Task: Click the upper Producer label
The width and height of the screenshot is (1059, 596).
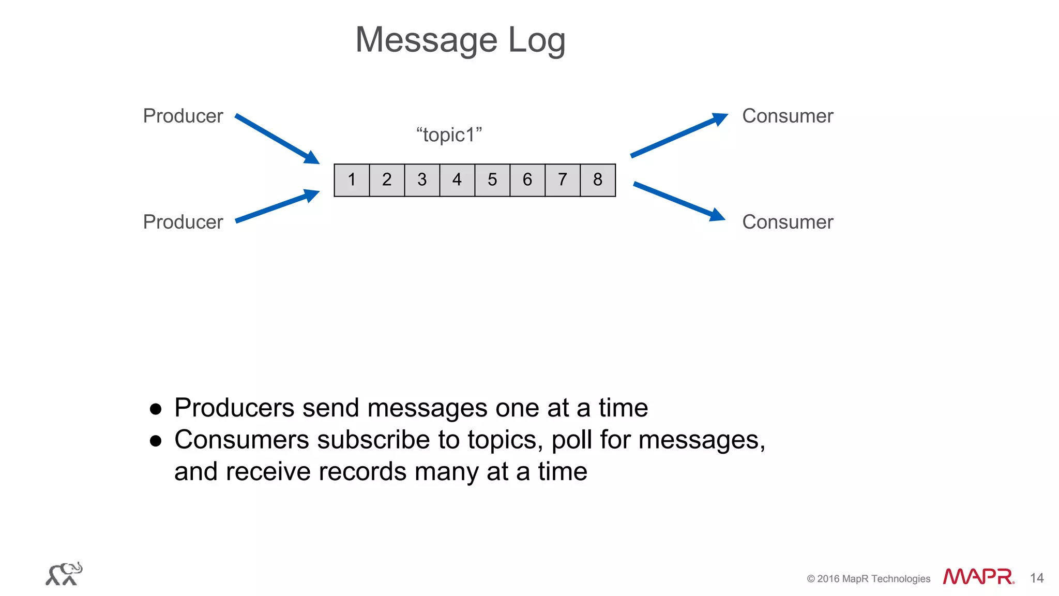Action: pyautogui.click(x=183, y=116)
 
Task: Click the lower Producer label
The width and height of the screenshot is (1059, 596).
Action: pyautogui.click(x=183, y=222)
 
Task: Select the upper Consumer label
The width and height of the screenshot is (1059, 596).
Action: pyautogui.click(x=788, y=116)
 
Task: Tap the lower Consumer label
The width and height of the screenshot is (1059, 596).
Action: pyautogui.click(x=788, y=222)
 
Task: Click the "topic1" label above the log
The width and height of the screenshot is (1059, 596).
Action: pyautogui.click(x=449, y=135)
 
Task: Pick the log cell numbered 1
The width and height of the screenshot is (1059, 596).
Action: pyautogui.click(x=352, y=180)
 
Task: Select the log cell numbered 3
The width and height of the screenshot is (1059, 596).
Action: pyautogui.click(x=422, y=180)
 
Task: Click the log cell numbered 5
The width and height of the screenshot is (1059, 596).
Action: pyautogui.click(x=492, y=180)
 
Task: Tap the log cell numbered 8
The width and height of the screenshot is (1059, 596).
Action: pyautogui.click(x=598, y=180)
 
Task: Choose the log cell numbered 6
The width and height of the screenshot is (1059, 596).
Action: pyautogui.click(x=527, y=180)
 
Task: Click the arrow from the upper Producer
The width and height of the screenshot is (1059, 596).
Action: pyautogui.click(x=277, y=139)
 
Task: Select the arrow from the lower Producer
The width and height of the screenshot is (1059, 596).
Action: pyautogui.click(x=277, y=206)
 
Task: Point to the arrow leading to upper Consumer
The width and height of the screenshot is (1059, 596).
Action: pyautogui.click(x=678, y=135)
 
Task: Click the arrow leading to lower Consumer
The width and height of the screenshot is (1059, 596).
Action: pyautogui.click(x=678, y=201)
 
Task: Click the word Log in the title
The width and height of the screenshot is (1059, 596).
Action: pyautogui.click(x=537, y=40)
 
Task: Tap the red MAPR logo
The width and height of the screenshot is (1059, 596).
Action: pyautogui.click(x=978, y=576)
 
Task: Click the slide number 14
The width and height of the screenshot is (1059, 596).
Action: pyautogui.click(x=1036, y=578)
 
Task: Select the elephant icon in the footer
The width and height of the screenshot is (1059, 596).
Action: pyautogui.click(x=64, y=574)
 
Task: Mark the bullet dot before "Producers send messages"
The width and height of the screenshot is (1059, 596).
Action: pyautogui.click(x=156, y=409)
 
